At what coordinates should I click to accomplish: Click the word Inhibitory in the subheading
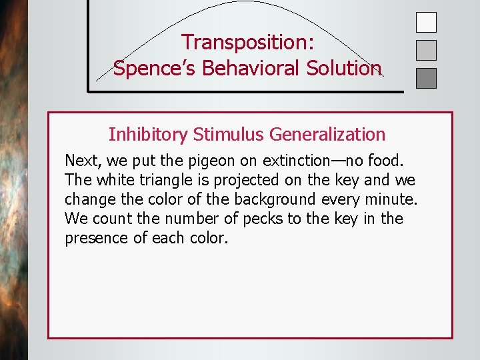148,135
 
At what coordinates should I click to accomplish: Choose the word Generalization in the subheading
327,135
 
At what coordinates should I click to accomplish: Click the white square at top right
426,23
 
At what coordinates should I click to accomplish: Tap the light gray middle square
426,50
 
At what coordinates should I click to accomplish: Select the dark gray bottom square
426,78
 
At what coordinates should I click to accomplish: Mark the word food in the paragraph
388,161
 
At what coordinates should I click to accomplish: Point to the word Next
81,161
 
